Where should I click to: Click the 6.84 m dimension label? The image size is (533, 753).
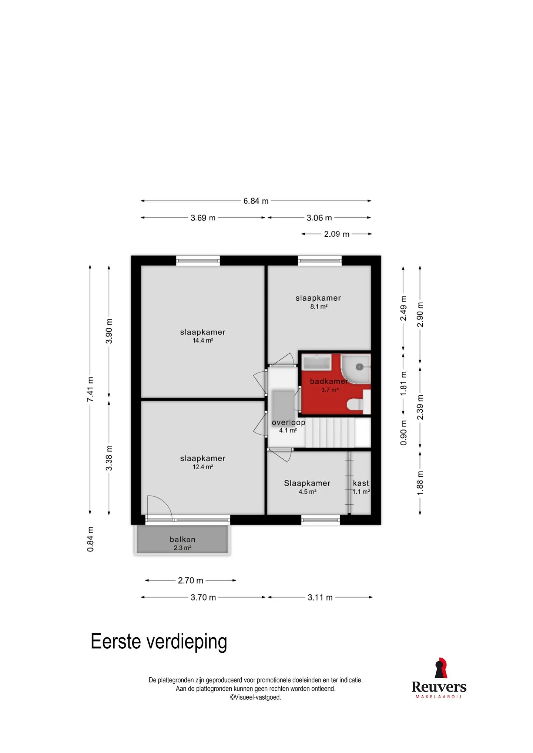(x=256, y=201)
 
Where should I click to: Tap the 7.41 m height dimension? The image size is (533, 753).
(x=90, y=389)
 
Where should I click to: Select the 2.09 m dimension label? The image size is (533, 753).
(x=336, y=234)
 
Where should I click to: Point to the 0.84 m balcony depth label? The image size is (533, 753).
(x=90, y=539)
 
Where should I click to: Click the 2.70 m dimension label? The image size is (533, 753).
(x=190, y=580)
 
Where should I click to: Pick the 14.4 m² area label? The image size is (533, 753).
(x=203, y=340)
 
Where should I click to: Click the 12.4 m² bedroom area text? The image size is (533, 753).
(x=203, y=467)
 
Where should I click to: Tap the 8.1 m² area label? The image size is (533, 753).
(x=319, y=306)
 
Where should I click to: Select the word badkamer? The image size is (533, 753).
(x=329, y=381)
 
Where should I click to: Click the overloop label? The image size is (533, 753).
(x=288, y=422)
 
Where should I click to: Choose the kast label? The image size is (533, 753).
(x=361, y=483)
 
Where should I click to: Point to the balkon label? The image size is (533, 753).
(x=182, y=539)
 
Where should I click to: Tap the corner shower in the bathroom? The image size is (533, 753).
(x=355, y=369)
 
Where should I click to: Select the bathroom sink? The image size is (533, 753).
(x=317, y=362)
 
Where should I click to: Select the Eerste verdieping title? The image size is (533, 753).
(x=159, y=642)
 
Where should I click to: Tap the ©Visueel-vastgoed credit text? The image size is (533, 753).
(x=255, y=697)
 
